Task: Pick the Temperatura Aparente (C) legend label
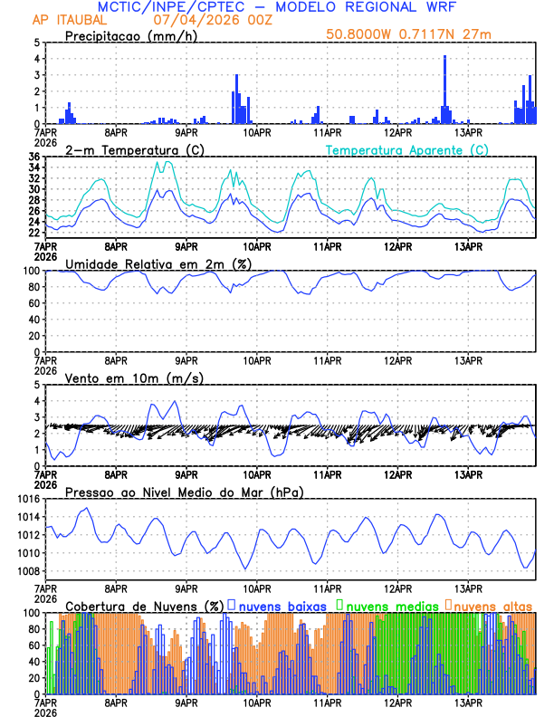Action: (x=406, y=149)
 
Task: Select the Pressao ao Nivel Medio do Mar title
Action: (x=184, y=492)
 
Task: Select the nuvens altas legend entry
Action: (x=493, y=606)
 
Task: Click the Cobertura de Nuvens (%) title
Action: (x=144, y=606)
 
